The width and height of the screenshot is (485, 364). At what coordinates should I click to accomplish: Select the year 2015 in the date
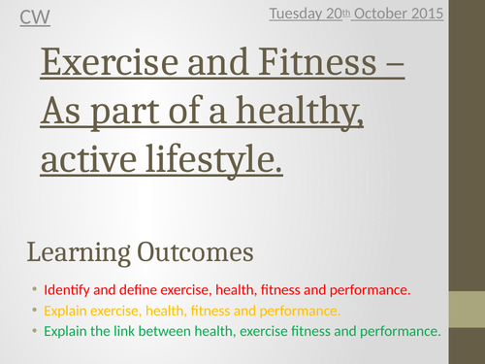(x=426, y=13)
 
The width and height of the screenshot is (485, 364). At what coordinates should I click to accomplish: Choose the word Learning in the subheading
(x=76, y=253)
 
